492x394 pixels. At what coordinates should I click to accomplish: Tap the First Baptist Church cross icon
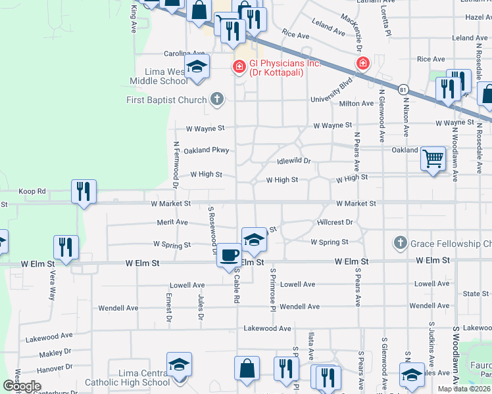pos(216,100)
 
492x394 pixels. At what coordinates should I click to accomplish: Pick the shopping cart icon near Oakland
pos(433,158)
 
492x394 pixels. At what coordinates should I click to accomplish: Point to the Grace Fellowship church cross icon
pos(399,244)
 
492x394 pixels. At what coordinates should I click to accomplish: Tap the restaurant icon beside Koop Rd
pos(84,191)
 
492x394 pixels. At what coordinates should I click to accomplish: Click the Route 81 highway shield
pos(403,87)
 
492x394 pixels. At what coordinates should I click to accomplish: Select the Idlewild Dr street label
pos(293,160)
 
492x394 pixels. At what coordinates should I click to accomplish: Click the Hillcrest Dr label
pos(335,223)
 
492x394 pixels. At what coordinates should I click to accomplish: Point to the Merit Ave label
pos(172,223)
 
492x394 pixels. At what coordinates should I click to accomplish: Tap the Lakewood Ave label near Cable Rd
pos(267,328)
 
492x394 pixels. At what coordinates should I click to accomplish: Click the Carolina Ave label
pos(185,53)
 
